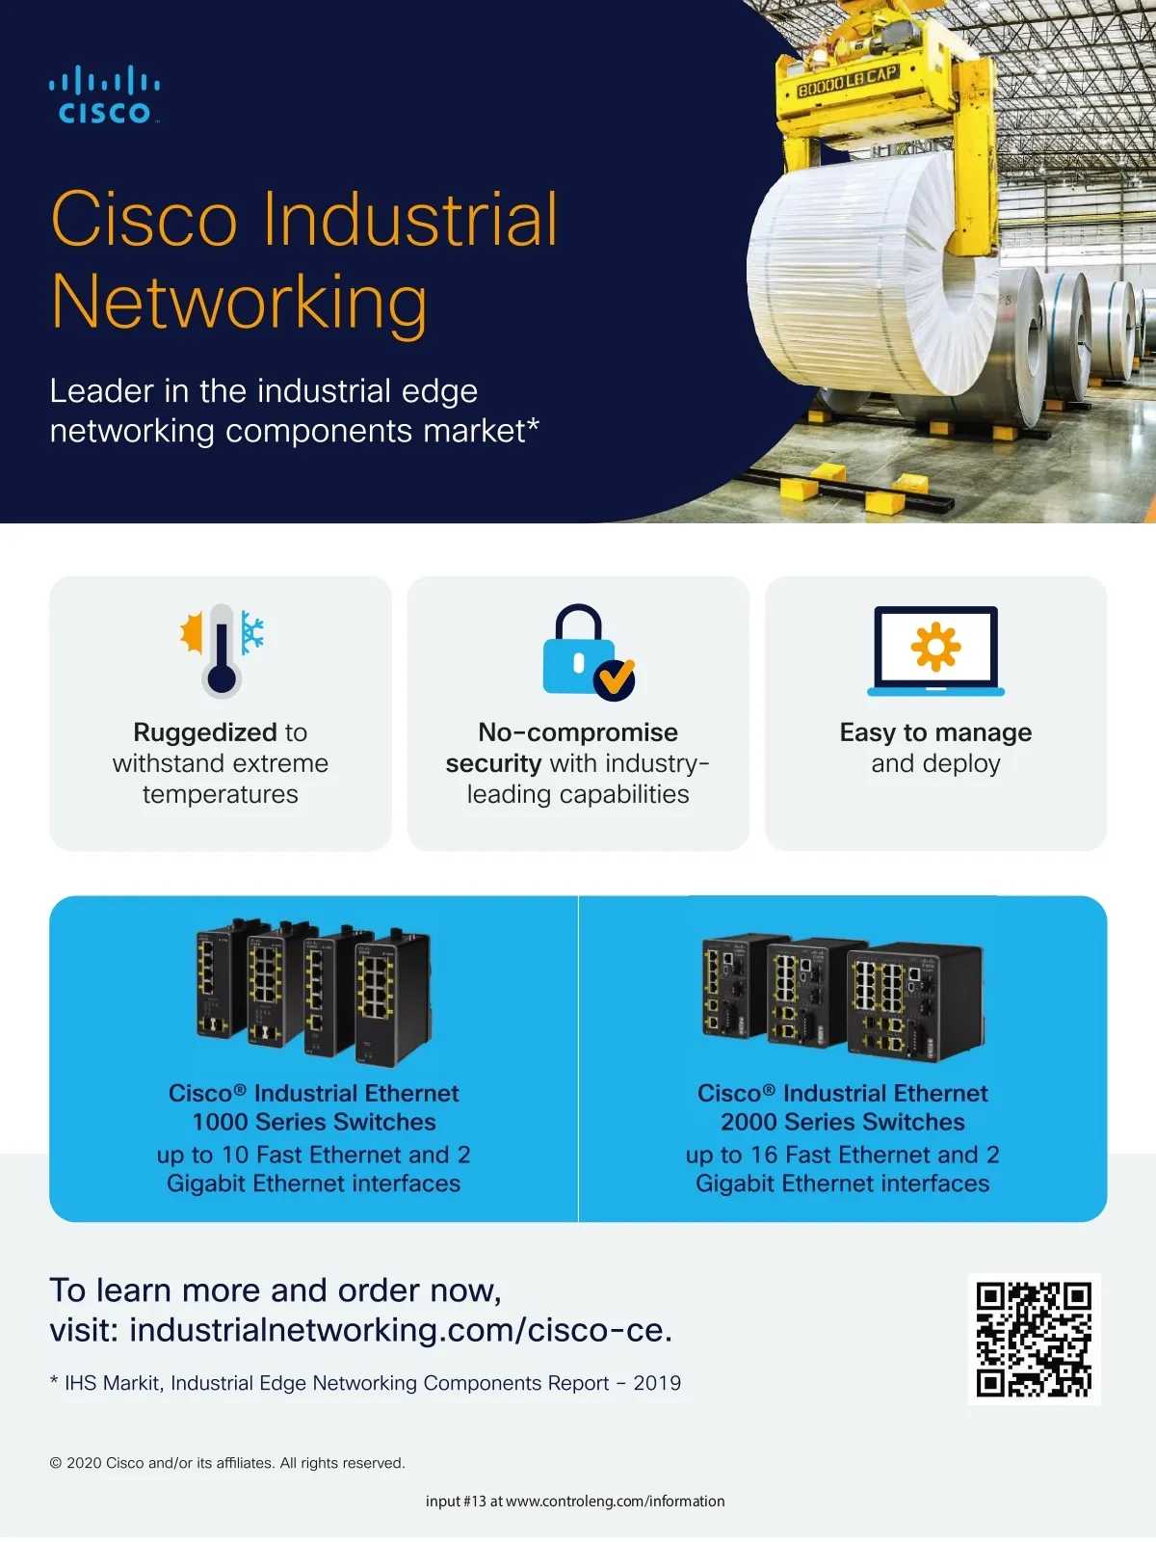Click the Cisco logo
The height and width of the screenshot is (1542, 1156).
[104, 94]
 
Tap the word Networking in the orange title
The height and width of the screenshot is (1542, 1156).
[239, 302]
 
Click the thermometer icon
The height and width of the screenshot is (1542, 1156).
[222, 651]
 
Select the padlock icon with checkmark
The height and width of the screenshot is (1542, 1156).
[589, 651]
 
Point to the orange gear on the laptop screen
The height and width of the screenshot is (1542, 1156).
[935, 647]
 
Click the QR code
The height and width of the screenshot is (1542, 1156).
[1034, 1339]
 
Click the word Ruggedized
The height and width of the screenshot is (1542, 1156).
[205, 732]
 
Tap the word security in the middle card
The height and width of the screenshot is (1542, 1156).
[493, 763]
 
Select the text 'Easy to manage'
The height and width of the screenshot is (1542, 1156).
[935, 732]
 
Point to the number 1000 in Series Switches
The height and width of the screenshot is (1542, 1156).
[219, 1122]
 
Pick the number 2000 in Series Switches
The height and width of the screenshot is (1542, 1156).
[749, 1122]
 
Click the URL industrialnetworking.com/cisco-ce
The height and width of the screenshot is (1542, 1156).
[401, 1330]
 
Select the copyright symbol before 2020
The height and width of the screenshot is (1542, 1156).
[56, 1463]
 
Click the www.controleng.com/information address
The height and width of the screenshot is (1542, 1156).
[615, 1501]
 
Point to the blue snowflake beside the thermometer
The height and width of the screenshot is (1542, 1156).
[252, 632]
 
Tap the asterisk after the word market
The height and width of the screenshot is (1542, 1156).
[534, 424]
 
